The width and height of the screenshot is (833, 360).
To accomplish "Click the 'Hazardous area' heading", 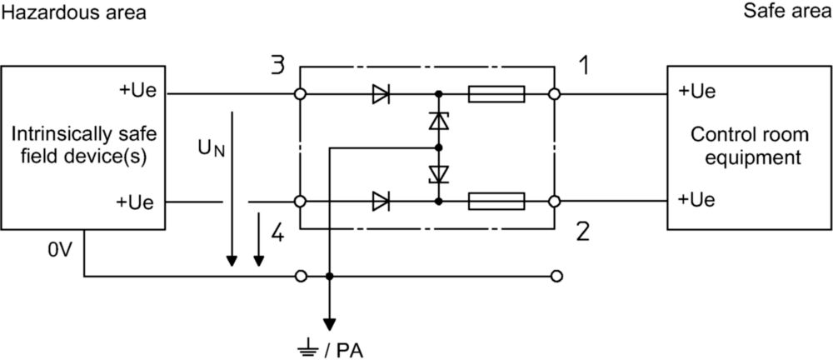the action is tap(74, 12).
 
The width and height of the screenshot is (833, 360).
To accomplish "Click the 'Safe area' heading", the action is tap(787, 11).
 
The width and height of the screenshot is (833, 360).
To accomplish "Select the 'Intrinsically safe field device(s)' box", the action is tap(83, 147).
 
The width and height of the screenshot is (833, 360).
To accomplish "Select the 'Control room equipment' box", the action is tap(750, 147).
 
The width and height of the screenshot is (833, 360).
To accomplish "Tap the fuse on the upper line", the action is tap(496, 94).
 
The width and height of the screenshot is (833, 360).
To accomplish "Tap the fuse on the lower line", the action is tap(496, 202).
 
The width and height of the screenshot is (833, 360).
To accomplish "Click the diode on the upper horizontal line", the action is tap(381, 94).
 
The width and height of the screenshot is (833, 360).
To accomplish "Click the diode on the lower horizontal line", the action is tap(381, 202).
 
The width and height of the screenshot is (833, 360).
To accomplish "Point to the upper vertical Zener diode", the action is tap(439, 121).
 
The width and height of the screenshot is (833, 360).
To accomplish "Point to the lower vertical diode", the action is tap(439, 174).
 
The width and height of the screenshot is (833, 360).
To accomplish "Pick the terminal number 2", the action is tap(583, 232).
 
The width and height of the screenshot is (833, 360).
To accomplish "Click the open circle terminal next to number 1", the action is tap(554, 94).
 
